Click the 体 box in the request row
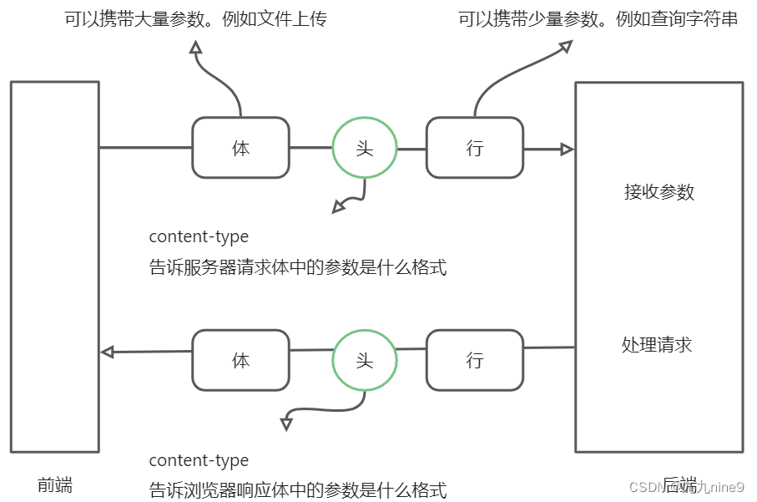point(240,148)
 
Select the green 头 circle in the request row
point(365,148)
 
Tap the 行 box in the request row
point(474,148)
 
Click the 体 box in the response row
point(240,360)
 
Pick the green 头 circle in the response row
point(365,360)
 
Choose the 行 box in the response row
point(474,360)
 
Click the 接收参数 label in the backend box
point(659,191)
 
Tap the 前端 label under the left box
point(55,484)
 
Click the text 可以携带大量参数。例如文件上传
point(195,18)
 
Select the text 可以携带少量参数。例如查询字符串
point(598,18)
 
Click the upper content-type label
point(199,236)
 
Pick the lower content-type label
point(199,460)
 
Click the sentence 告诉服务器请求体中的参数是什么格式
point(298,267)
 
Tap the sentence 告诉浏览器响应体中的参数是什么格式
point(298,489)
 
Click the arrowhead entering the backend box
point(568,150)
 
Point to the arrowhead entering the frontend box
point(107,352)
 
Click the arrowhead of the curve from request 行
point(565,46)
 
